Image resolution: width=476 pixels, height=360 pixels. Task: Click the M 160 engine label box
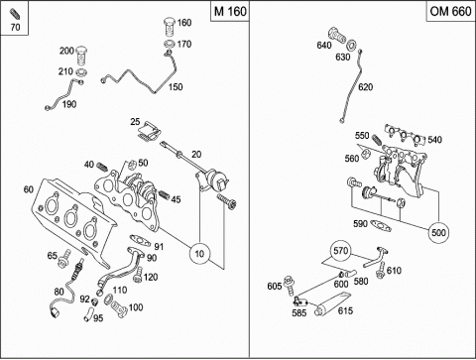[x=230, y=11]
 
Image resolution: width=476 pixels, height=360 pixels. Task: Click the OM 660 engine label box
[x=450, y=11]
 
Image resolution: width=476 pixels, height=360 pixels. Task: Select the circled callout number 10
[x=199, y=254]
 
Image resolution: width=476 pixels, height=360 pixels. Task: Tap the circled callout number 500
[x=438, y=232]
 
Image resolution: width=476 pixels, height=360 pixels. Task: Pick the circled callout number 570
[x=341, y=251]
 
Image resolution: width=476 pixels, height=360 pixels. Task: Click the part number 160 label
[x=184, y=23]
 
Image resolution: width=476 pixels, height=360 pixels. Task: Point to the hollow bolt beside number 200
[x=81, y=56]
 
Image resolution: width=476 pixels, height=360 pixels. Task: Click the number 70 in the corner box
[x=15, y=27]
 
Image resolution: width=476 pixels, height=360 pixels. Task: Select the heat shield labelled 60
[x=73, y=222]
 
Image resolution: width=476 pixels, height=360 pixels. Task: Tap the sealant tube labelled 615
[x=331, y=304]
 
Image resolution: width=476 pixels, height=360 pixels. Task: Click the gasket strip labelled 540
[x=405, y=136]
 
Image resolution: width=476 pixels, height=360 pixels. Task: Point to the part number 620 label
[x=366, y=87]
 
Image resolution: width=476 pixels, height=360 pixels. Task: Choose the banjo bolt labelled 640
[x=337, y=36]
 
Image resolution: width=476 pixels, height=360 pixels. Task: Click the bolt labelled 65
[x=64, y=259]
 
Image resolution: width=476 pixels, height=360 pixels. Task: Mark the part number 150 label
[x=176, y=87]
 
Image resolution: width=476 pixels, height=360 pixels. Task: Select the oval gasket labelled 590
[x=381, y=226]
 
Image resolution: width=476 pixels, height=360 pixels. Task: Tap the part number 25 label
[x=135, y=122]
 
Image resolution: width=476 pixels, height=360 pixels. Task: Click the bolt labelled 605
[x=290, y=285]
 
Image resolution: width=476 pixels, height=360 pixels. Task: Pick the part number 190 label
[x=69, y=104]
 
